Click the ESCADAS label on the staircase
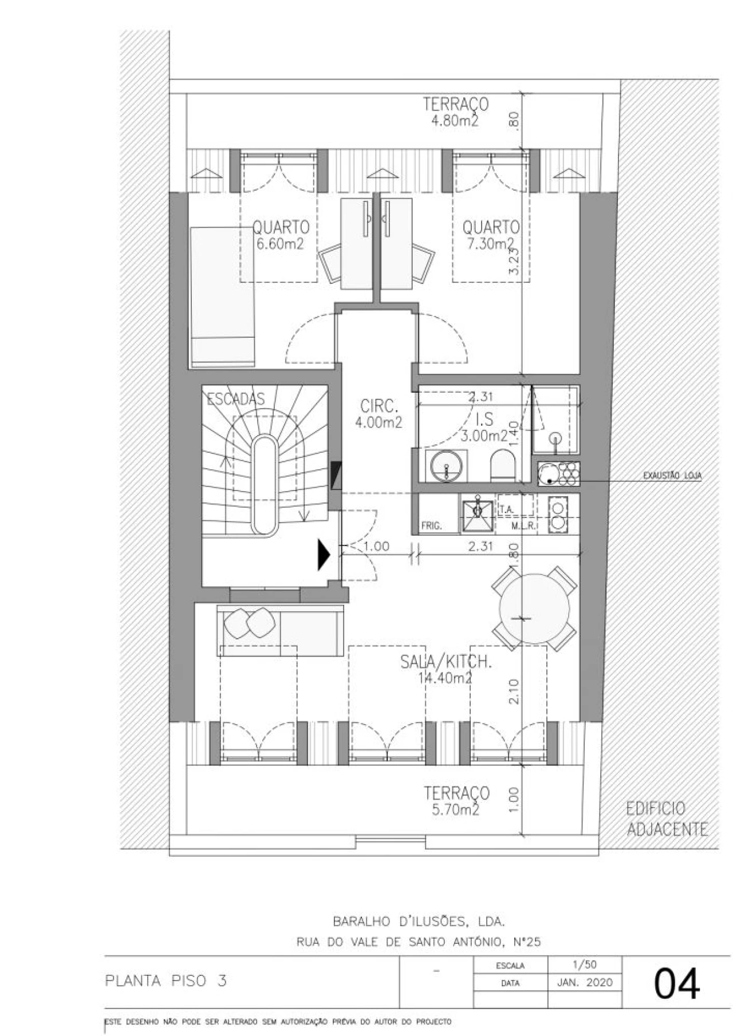coord(235,399)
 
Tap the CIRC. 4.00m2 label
coord(379,414)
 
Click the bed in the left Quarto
coord(223,296)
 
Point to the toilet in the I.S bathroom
coord(504,465)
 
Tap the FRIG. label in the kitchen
coord(431,525)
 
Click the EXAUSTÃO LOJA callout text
coord(672,475)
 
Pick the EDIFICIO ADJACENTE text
coord(666,819)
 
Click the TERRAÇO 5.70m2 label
coord(456,800)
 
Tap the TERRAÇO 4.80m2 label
coord(455,112)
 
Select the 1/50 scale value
coord(584,965)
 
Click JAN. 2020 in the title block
coord(584,983)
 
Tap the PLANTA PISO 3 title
coord(166,980)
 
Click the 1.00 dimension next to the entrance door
coord(376,546)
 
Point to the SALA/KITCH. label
coord(446,662)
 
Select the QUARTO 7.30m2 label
coord(491,235)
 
